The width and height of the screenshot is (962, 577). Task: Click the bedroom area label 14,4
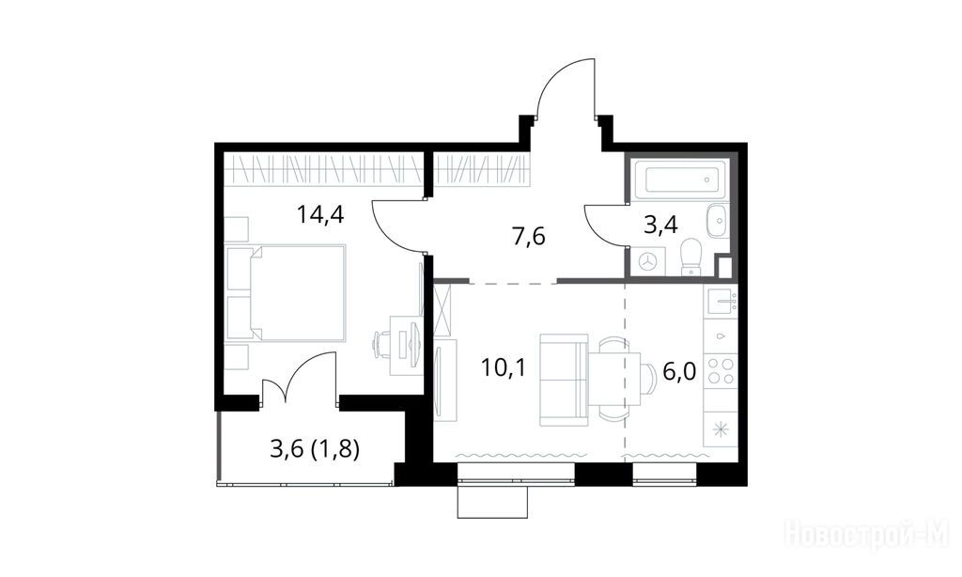[x=319, y=215]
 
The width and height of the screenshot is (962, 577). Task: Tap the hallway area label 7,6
[x=529, y=236]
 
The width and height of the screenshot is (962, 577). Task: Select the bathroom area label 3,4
[x=660, y=225]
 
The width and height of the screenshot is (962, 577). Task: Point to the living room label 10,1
[x=504, y=367]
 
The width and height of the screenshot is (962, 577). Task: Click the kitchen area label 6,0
[x=680, y=371]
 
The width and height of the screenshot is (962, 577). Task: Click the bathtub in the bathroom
[x=680, y=179]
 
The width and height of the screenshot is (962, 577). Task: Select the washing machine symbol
[x=646, y=262]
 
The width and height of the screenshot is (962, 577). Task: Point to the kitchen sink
[x=721, y=302]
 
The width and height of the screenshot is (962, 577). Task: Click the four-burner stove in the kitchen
[x=721, y=371]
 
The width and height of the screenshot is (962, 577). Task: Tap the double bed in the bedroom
[x=286, y=293]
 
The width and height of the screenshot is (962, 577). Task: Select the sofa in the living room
[x=564, y=380]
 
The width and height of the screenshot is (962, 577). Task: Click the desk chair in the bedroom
[x=381, y=342]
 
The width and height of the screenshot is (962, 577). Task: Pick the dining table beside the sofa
[x=614, y=379]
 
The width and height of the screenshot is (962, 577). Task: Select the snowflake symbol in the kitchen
[x=721, y=429]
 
